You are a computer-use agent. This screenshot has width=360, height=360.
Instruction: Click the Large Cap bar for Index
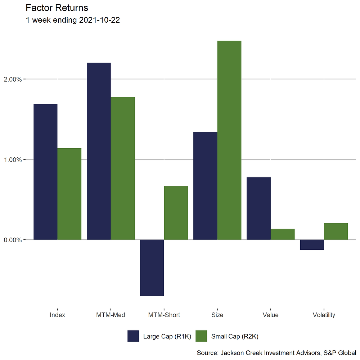click(x=45, y=172)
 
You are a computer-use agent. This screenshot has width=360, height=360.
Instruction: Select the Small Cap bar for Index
click(x=69, y=194)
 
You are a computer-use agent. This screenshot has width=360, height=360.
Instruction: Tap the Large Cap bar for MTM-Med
click(x=99, y=151)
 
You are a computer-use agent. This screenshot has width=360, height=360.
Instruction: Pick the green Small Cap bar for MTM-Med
click(x=123, y=168)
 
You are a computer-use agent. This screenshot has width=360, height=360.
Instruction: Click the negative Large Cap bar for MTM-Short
click(x=152, y=267)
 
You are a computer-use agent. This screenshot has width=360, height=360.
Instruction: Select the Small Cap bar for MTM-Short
click(x=176, y=213)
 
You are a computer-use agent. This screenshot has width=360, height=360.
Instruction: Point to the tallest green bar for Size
click(x=229, y=140)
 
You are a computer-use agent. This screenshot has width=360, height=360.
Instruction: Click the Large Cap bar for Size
click(x=206, y=186)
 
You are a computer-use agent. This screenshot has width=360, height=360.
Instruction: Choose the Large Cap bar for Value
click(x=259, y=208)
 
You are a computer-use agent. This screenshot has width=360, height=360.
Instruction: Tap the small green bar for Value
click(x=283, y=234)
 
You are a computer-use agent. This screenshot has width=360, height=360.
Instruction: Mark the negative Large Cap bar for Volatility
click(x=312, y=245)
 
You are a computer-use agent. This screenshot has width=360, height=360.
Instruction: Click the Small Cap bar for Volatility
click(x=336, y=231)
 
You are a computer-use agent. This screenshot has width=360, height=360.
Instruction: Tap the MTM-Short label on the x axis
click(x=164, y=315)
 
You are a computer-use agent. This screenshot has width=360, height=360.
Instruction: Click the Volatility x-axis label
click(x=324, y=315)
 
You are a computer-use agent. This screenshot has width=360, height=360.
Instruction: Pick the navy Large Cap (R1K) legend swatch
click(x=133, y=336)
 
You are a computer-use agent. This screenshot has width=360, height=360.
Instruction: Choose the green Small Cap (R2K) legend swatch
click(x=201, y=336)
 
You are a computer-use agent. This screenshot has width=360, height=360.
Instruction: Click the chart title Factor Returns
click(x=57, y=8)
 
